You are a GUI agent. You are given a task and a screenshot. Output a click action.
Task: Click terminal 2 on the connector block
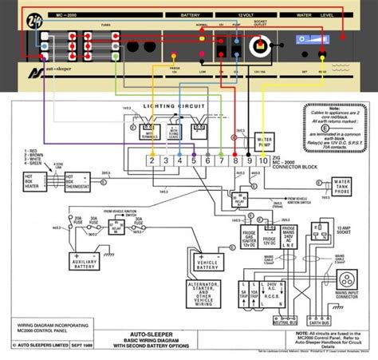151,160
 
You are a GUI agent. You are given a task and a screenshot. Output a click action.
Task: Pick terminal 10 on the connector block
263,160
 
